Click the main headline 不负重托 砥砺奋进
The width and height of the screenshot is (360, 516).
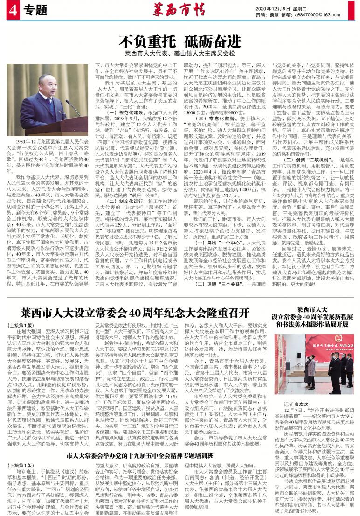point(180,41)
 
